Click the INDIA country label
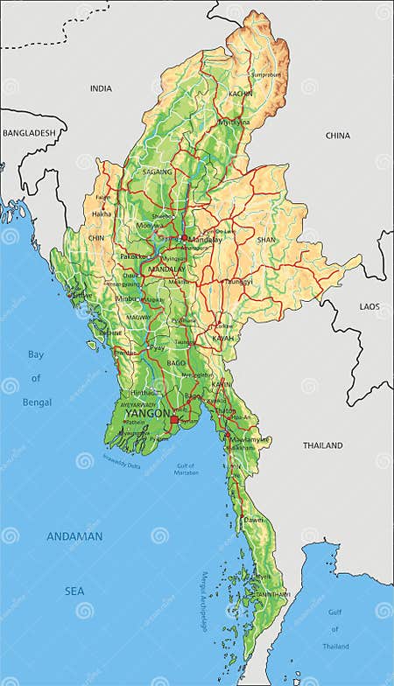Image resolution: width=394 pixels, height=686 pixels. click(x=101, y=88)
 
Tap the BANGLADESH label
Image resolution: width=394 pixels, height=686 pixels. click(x=28, y=133)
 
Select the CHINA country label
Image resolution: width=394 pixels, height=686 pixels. click(x=337, y=136)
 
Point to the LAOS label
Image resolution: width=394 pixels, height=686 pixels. click(x=369, y=307)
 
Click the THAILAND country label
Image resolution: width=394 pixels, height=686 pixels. click(x=323, y=445)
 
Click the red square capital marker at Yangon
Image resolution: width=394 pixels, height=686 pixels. click(x=174, y=421)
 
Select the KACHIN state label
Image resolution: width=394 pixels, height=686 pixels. click(x=241, y=93)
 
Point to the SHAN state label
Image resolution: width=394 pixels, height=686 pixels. click(x=266, y=239)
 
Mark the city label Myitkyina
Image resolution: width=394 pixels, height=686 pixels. click(x=234, y=122)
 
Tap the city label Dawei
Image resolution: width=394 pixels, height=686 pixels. click(x=254, y=519)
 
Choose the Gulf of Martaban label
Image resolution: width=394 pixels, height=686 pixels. click(x=186, y=469)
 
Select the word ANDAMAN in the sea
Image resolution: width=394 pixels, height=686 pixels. click(x=74, y=536)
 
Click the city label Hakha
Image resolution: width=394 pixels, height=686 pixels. click(x=102, y=213)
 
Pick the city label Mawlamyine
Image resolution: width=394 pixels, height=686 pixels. click(x=250, y=439)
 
